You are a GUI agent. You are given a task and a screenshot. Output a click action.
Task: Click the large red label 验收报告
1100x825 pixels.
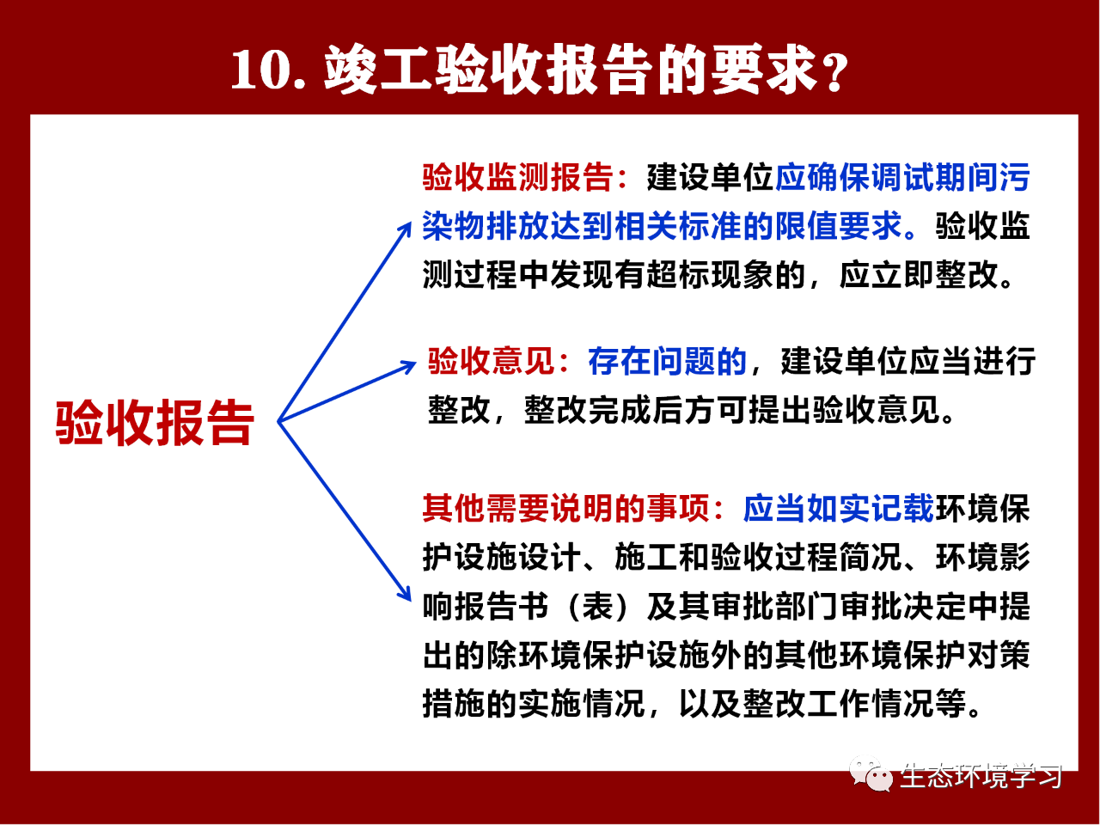(155, 423)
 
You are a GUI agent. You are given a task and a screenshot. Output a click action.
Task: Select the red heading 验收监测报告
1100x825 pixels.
(516, 177)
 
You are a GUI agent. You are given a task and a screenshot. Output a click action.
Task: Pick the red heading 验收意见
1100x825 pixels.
(491, 361)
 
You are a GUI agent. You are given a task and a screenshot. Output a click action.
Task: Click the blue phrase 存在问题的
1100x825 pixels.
(667, 361)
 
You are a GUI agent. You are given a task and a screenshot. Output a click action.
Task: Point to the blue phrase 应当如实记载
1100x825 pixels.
(839, 509)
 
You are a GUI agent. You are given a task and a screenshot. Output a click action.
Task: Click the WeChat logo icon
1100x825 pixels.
(871, 774)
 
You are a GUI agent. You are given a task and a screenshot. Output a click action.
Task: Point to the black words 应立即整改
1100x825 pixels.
(919, 275)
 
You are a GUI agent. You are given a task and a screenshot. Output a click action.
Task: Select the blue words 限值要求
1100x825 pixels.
(839, 226)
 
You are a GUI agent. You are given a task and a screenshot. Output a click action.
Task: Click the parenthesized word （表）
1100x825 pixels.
(596, 607)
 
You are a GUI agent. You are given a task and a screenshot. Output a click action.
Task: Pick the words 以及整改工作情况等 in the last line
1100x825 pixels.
(822, 705)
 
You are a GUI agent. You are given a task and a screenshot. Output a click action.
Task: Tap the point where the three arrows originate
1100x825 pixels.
(278, 422)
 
